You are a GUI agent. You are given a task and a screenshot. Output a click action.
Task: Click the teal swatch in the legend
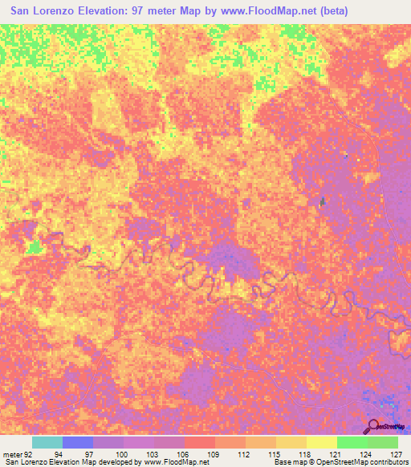click(47, 442)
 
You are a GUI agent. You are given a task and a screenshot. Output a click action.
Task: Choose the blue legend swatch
click(78, 442)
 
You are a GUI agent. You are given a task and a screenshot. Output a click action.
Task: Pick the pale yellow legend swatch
click(321, 442)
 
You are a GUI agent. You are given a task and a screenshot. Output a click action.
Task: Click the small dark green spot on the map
click(323, 201)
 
